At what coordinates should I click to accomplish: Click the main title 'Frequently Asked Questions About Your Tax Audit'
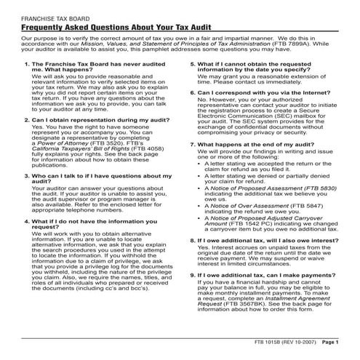tap(108, 24)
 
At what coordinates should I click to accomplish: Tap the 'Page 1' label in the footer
tap(331, 341)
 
